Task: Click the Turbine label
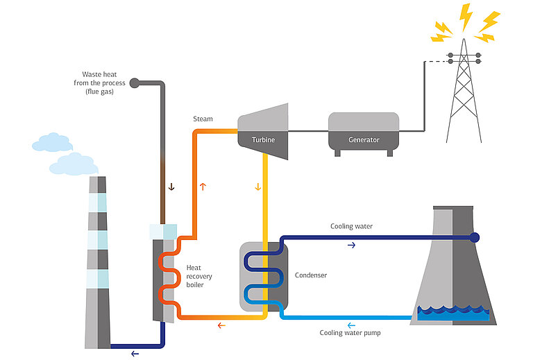click(263, 139)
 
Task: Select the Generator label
click(364, 140)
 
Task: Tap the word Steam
click(203, 119)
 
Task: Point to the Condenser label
click(311, 275)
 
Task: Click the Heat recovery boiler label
click(199, 277)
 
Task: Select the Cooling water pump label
click(350, 333)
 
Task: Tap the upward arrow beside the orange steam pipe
click(203, 186)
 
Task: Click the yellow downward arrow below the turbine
click(258, 186)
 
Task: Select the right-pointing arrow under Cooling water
click(350, 245)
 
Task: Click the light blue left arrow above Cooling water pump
click(350, 323)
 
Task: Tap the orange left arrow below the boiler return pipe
click(221, 325)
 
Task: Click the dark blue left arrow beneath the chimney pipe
click(134, 353)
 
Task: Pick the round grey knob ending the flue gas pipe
click(135, 83)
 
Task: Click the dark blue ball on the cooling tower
click(475, 237)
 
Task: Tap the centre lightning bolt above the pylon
click(467, 15)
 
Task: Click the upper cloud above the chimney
click(52, 144)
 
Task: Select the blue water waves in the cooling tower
click(452, 313)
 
